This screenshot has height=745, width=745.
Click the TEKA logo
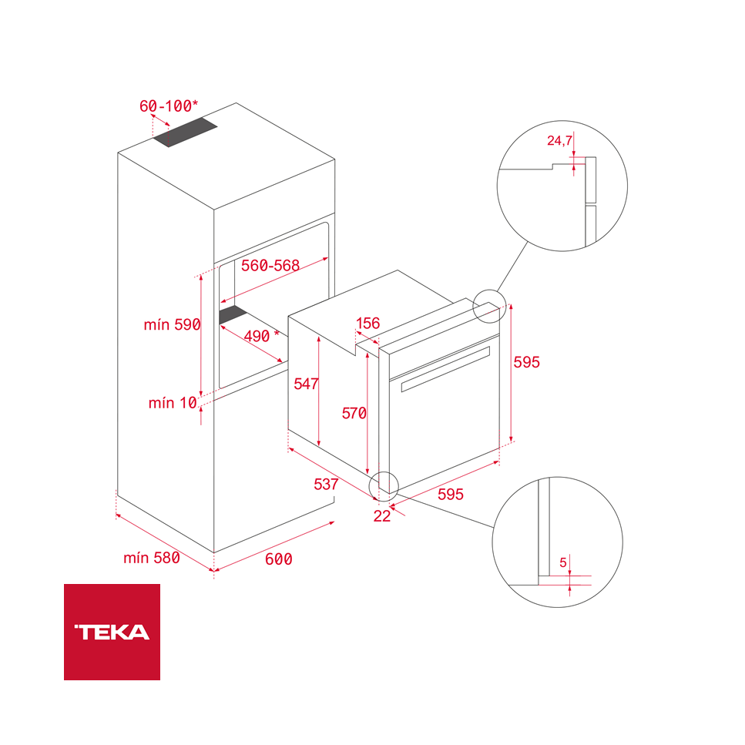click(x=112, y=632)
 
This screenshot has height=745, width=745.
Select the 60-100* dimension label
click(x=169, y=106)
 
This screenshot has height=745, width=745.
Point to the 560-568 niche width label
click(x=270, y=266)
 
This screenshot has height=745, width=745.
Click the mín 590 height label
click(x=172, y=324)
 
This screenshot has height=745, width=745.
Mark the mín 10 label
click(x=173, y=402)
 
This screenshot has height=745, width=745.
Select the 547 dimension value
click(x=306, y=384)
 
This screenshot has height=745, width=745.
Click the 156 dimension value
click(x=367, y=323)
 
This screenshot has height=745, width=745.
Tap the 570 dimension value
click(x=354, y=414)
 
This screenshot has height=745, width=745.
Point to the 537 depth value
click(x=326, y=485)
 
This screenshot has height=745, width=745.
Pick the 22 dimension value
click(x=382, y=516)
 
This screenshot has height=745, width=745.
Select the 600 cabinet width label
click(x=278, y=559)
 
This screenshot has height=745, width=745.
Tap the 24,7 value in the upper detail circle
click(x=559, y=140)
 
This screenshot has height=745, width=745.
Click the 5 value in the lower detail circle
click(x=563, y=563)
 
